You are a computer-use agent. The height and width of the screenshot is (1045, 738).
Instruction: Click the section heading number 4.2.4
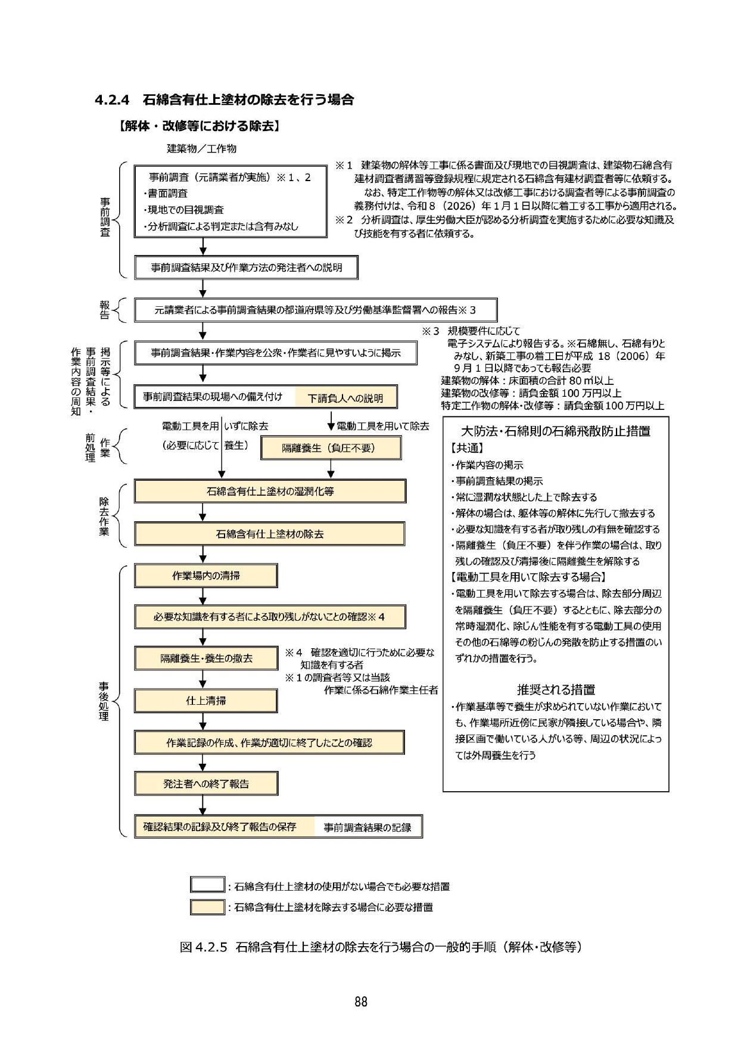pos(113,100)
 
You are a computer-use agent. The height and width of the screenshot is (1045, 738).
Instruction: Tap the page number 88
pos(361,1002)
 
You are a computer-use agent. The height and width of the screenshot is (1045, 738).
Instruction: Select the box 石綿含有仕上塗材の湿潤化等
pos(270,492)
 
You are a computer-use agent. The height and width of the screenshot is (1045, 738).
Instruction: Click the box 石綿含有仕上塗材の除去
pos(270,534)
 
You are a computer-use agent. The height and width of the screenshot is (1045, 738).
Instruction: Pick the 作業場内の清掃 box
pos(205,576)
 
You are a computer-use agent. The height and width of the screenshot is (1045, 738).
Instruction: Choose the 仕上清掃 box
pos(205,701)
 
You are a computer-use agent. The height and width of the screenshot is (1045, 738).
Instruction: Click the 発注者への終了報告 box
pos(205,783)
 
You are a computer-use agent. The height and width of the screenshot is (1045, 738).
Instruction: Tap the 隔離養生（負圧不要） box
pos(331,448)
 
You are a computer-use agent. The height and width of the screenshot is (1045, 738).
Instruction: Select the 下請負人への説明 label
pos(345,398)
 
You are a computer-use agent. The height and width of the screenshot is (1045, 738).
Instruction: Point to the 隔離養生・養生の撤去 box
pos(205,658)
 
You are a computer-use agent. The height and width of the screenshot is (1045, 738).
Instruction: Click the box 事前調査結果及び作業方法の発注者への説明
pos(247,268)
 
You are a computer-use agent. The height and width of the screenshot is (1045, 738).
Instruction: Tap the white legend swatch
pos(207,886)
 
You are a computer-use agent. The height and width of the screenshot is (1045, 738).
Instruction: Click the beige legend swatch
pos(207,907)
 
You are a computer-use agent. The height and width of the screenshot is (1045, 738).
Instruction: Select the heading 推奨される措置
pos(556,690)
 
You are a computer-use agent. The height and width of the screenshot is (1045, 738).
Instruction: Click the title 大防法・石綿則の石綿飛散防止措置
pos(556,431)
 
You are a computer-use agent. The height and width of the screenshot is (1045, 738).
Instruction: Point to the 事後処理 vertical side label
pos(104,701)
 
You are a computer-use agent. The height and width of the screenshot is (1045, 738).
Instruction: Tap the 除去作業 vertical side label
pos(104,516)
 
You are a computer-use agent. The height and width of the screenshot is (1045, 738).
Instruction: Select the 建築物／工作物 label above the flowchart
pos(201,148)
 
